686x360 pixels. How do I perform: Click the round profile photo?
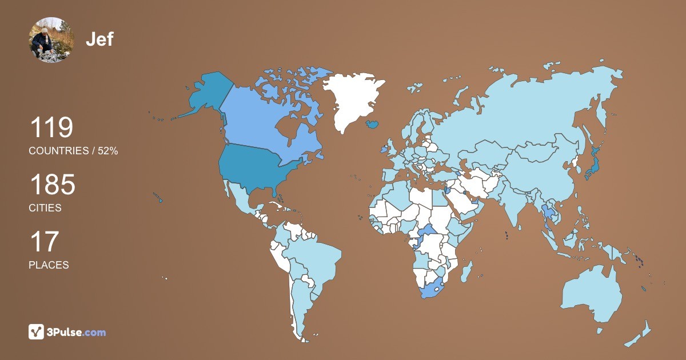[51, 39]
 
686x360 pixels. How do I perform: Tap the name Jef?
[99, 39]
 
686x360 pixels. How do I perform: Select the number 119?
[51, 127]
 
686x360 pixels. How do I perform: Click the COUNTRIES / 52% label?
[73, 151]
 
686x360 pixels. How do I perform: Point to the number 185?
[52, 185]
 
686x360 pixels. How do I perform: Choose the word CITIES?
[45, 208]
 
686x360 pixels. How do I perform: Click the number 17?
[43, 242]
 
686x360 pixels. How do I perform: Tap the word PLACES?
[49, 265]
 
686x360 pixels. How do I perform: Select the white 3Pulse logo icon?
[37, 331]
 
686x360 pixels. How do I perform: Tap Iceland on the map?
[373, 123]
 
